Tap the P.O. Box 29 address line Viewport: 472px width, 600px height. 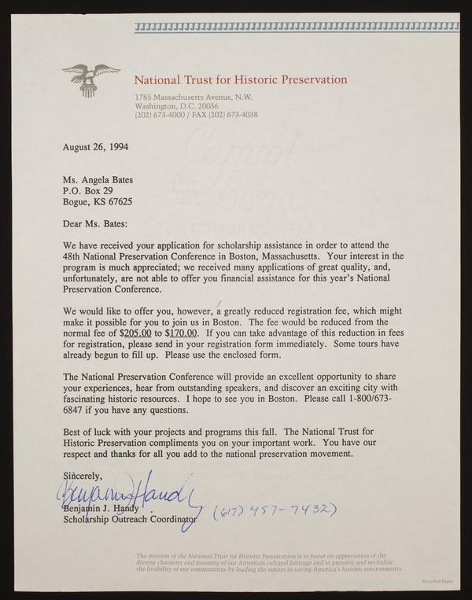coord(87,190)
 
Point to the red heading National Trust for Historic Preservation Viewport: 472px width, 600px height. coord(240,79)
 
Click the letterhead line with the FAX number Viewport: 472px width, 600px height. coord(196,114)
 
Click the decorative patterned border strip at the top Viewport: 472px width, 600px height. coord(296,28)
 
